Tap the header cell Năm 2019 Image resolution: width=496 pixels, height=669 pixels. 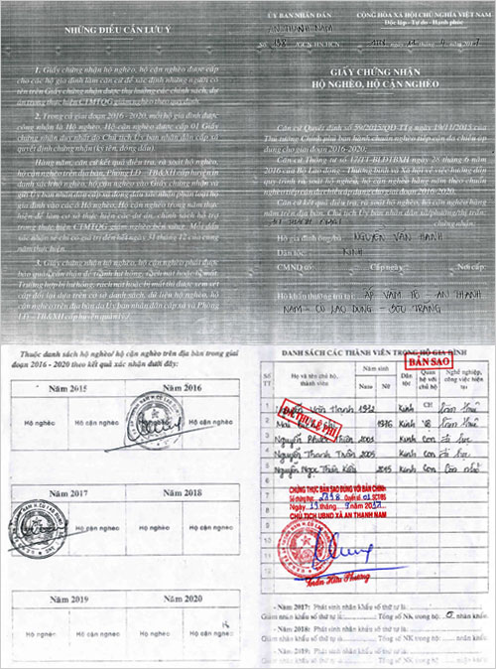click(67, 598)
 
